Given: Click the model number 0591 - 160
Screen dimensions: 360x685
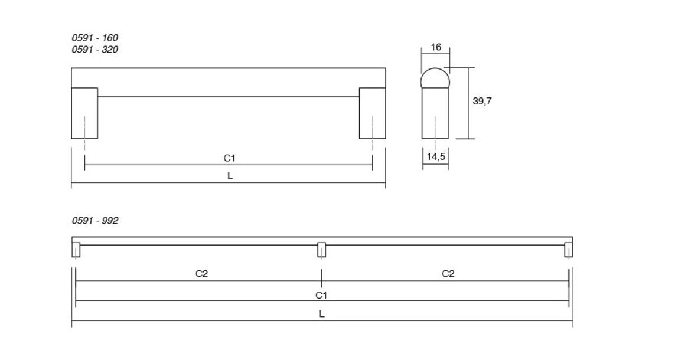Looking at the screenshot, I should [94, 38].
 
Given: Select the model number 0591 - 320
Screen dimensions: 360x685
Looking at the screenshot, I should [94, 50].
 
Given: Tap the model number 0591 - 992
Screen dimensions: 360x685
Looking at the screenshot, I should [94, 221].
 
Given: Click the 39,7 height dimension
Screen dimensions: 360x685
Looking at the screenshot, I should [482, 101].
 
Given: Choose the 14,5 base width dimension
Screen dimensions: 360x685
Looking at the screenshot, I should [435, 157].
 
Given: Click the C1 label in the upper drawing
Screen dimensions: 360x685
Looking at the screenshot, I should [229, 158].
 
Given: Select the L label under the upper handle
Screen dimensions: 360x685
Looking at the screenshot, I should [230, 176].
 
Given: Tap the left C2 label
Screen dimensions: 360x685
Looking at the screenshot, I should [201, 273].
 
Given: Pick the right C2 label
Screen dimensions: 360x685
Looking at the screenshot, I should [448, 273].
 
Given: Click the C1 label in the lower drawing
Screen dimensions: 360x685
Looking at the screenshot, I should [321, 294].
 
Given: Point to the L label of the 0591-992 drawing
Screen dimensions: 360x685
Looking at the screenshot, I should [322, 314].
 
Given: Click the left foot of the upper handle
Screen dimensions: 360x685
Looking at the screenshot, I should [84, 113].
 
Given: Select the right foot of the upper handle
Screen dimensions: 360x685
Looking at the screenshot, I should [372, 113].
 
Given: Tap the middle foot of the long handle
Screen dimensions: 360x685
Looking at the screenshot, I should [321, 249].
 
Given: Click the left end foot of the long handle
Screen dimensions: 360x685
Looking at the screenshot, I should [76, 250].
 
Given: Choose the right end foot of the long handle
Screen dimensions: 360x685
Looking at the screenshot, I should [568, 250].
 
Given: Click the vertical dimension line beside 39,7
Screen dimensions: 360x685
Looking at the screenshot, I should [469, 103].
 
